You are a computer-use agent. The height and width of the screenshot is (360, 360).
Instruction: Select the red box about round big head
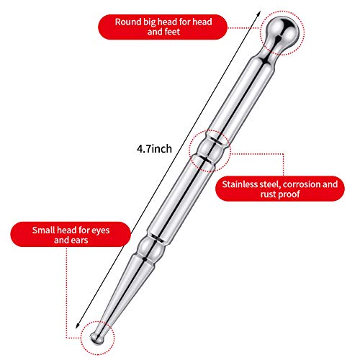[x=163, y=27]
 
